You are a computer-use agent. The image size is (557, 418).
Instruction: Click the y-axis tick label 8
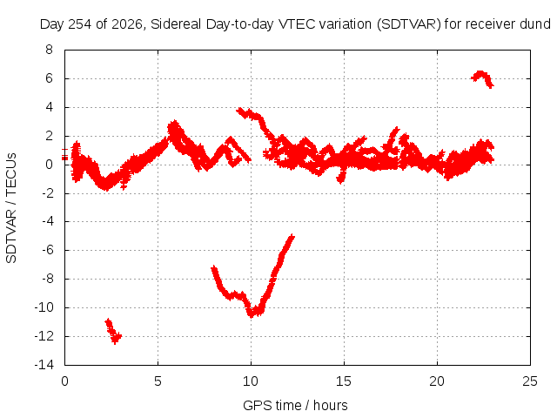pos(49,50)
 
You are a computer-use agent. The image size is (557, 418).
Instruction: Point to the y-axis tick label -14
pos(44,365)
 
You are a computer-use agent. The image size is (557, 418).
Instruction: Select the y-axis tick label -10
pos(44,307)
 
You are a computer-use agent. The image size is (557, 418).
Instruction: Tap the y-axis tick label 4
pos(49,107)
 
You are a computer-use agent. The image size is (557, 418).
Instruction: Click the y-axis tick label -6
pos(47,250)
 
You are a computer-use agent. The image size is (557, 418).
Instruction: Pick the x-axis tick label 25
pos(530,381)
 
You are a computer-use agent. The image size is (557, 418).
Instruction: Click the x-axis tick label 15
pos(344,381)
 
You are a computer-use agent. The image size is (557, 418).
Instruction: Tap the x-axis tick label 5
pos(158,381)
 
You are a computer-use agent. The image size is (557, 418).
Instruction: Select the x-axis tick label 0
pos(64,381)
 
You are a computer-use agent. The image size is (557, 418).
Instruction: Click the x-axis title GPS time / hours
pos(295,405)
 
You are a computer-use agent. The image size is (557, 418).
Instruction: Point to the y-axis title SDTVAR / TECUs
pos(11,208)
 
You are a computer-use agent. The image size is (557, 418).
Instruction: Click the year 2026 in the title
pos(128,24)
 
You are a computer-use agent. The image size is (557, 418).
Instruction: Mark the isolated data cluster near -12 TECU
pos(113,331)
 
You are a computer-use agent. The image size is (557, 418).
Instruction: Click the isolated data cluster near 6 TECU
pos(482,79)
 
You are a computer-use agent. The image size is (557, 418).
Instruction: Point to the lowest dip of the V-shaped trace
pos(252,313)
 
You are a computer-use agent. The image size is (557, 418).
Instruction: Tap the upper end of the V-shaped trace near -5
pos(292,236)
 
